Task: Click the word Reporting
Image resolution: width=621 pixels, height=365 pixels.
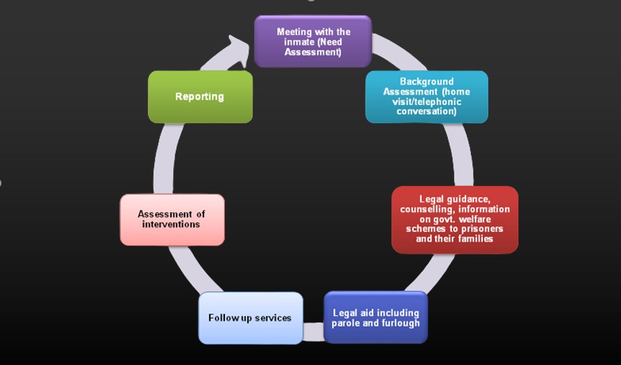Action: click(199, 96)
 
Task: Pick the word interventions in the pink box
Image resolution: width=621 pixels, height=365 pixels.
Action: click(171, 224)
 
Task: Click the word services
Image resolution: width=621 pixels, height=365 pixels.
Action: click(273, 317)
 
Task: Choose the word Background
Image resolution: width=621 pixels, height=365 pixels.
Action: click(426, 81)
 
